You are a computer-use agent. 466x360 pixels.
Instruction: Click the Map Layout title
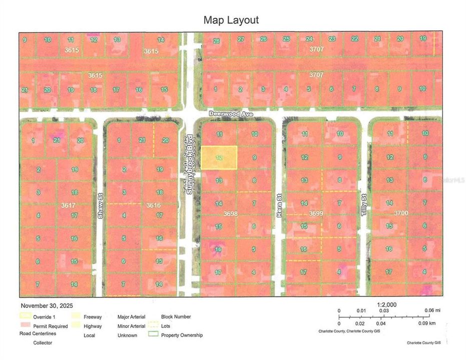pyautogui.click(x=231, y=20)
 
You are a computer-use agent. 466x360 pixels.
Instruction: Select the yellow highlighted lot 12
pyautogui.click(x=219, y=157)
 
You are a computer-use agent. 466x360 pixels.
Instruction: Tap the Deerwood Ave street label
pyautogui.click(x=231, y=114)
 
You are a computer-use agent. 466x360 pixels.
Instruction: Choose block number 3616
pyautogui.click(x=153, y=205)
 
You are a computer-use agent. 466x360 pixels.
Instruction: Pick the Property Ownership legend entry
pyautogui.click(x=182, y=335)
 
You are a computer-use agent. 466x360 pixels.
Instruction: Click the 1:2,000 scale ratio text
pyautogui.click(x=386, y=304)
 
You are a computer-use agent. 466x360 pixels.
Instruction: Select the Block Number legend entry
pyautogui.click(x=176, y=316)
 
